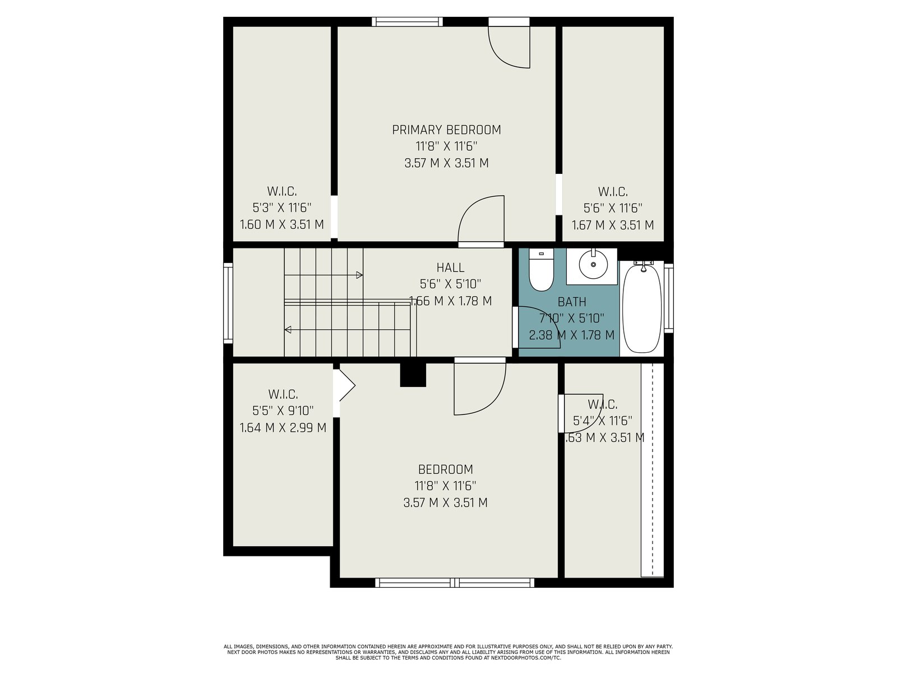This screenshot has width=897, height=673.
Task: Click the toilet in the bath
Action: pyautogui.click(x=540, y=270)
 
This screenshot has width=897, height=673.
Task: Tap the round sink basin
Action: pyautogui.click(x=593, y=264)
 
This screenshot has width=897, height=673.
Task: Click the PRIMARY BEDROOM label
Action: pyautogui.click(x=446, y=130)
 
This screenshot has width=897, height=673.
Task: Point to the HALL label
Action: pyautogui.click(x=450, y=268)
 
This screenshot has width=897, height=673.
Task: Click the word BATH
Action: pyautogui.click(x=572, y=302)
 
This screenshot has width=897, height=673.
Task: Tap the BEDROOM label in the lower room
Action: pyautogui.click(x=446, y=469)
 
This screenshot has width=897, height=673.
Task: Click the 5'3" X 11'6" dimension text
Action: pyautogui.click(x=282, y=208)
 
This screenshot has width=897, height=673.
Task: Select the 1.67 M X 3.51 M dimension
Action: pyautogui.click(x=613, y=225)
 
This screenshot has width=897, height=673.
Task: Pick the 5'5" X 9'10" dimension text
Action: pyautogui.click(x=283, y=411)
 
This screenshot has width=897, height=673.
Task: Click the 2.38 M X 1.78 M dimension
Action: pyautogui.click(x=572, y=335)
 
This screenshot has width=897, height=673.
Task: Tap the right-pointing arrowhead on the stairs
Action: pyautogui.click(x=359, y=275)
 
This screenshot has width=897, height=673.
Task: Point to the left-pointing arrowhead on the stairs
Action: pyautogui.click(x=288, y=329)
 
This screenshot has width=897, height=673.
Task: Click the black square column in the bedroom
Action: pyautogui.click(x=413, y=375)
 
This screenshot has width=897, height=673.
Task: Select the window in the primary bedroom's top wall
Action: pyautogui.click(x=408, y=22)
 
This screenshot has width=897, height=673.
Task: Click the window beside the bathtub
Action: pyautogui.click(x=669, y=298)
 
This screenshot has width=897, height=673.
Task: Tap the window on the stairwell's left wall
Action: pyautogui.click(x=228, y=303)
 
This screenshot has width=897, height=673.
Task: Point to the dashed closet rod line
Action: pyautogui.click(x=653, y=470)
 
